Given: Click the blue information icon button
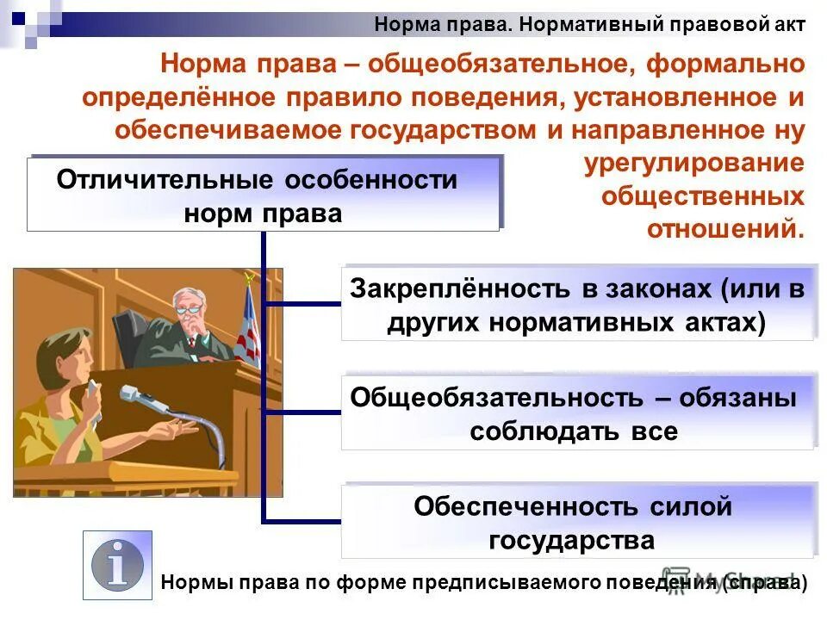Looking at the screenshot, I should [x=117, y=565].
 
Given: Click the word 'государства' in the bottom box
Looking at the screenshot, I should [x=571, y=541].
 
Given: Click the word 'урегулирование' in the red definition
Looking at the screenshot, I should [x=694, y=164].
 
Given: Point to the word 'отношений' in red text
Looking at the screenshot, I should [x=724, y=229].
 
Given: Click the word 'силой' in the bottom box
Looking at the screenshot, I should [x=693, y=506].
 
